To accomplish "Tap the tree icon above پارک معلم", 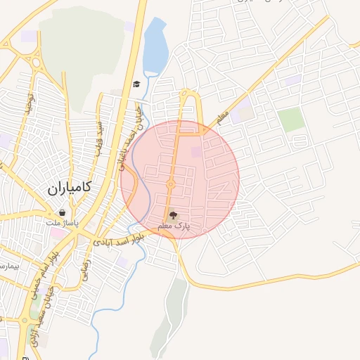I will [173, 215].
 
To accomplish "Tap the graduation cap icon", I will [136, 84].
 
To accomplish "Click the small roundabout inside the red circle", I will [170, 185].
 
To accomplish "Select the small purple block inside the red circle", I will [196, 151].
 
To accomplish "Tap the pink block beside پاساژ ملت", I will [56, 233].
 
